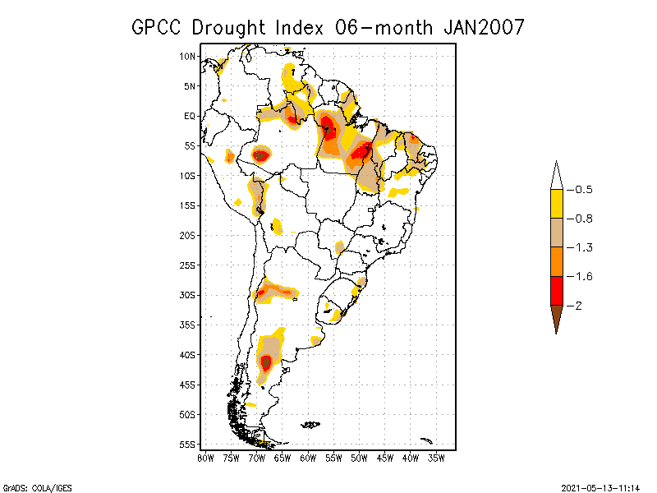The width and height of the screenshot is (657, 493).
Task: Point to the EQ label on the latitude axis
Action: tap(189, 116)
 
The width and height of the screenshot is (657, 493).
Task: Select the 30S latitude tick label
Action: tap(187, 295)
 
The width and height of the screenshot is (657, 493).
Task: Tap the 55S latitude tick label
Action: tap(187, 445)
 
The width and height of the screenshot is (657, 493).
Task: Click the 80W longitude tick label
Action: tap(205, 458)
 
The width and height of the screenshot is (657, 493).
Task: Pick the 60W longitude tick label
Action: tap(308, 458)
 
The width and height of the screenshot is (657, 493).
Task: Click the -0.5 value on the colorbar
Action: tap(583, 190)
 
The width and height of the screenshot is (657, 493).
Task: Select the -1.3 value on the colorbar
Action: tap(583, 247)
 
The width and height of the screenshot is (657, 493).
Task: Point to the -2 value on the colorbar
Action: tap(580, 305)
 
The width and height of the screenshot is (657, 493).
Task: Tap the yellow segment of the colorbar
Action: tap(556, 204)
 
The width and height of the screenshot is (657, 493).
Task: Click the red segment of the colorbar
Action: tap(556, 290)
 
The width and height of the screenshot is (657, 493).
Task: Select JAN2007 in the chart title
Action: tap(484, 27)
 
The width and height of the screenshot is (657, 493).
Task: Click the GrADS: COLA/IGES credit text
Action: tap(33, 486)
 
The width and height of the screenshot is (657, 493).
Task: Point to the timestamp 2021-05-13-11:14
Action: tap(600, 486)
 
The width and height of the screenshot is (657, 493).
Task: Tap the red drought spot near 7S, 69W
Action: tap(260, 154)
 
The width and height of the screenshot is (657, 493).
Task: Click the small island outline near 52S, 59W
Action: tap(310, 425)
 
